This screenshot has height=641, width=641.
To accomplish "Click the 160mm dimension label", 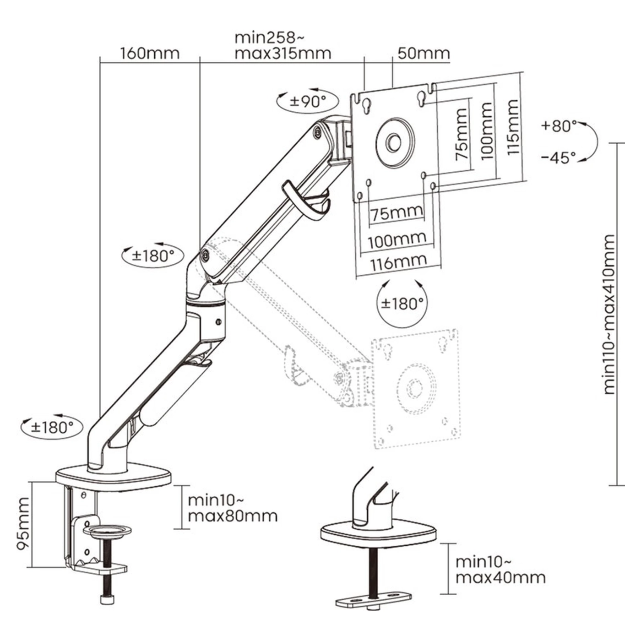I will click(x=150, y=54).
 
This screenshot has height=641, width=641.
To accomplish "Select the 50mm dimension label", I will click(x=423, y=54).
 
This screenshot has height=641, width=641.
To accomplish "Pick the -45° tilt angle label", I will click(x=558, y=158).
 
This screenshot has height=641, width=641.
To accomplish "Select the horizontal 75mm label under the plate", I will click(x=397, y=213).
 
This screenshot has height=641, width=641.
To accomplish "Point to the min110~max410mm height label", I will click(x=609, y=315).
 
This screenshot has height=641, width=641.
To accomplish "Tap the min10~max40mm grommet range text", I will click(x=500, y=569).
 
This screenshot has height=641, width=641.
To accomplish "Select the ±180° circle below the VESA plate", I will click(x=402, y=303).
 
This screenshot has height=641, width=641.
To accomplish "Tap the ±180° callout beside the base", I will click(x=53, y=427).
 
